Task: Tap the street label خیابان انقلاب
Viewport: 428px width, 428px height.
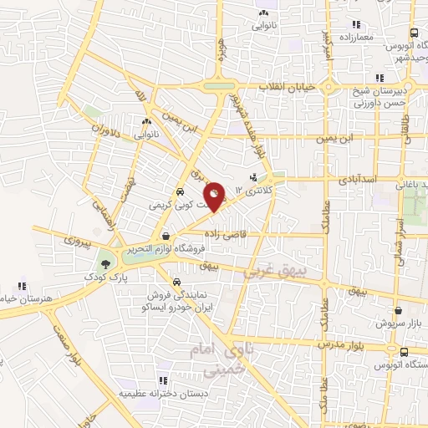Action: pos(286,88)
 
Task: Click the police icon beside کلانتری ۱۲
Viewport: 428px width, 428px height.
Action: pos(254,176)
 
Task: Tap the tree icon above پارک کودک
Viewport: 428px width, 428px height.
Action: pos(105,258)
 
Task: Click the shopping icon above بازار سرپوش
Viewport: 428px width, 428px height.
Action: pos(398,309)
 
